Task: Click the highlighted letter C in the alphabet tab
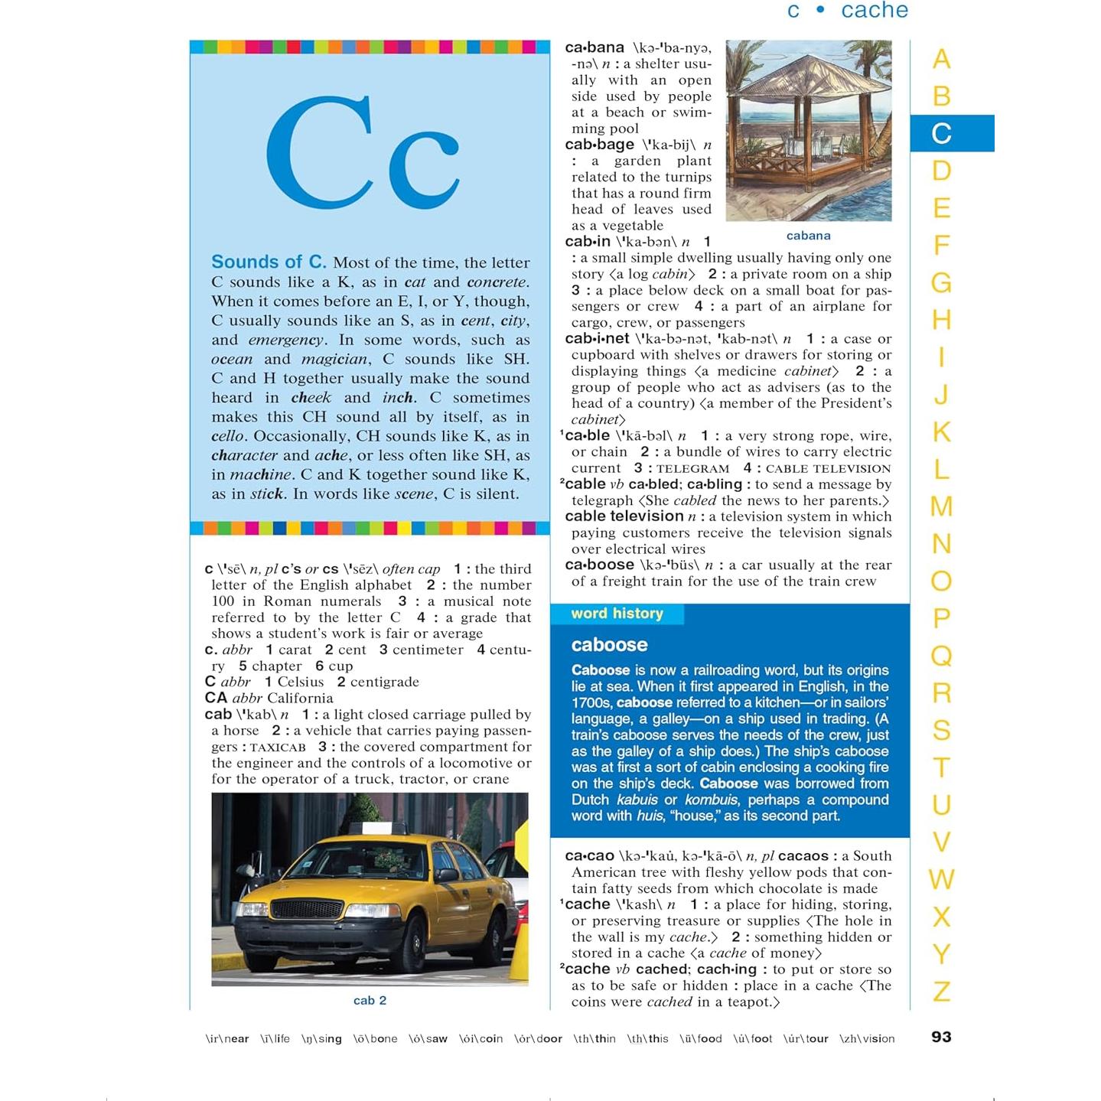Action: tap(942, 133)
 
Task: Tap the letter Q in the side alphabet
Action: tap(942, 656)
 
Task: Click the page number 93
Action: tap(941, 1037)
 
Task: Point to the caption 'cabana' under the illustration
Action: tap(808, 236)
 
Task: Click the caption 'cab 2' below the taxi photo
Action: tap(370, 1000)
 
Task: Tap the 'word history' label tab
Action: tap(617, 614)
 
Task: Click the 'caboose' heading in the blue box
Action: tap(609, 645)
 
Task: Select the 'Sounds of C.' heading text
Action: tap(269, 262)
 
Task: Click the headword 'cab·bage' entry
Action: tap(599, 145)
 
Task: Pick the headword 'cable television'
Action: tap(624, 516)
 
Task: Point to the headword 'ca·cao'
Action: tap(589, 855)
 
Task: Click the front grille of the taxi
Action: tap(308, 910)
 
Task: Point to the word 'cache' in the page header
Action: tap(874, 11)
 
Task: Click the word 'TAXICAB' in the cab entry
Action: tap(278, 748)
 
